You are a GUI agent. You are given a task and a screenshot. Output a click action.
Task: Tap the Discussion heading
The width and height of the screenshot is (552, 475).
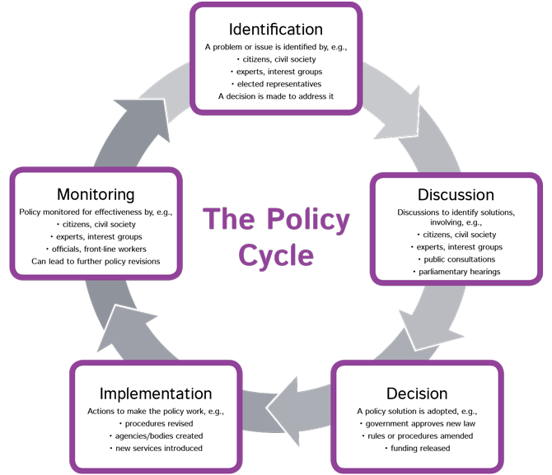(456, 195)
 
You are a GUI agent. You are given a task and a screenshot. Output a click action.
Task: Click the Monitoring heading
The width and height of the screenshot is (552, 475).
(95, 194)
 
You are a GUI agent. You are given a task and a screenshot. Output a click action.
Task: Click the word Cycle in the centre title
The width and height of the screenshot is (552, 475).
(276, 254)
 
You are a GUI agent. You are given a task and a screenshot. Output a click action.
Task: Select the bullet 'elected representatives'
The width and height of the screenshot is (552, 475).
(277, 84)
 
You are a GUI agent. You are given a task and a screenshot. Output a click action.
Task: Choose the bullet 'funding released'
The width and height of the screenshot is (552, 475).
(418, 448)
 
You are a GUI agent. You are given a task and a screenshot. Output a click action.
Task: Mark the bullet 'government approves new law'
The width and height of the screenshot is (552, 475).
(418, 423)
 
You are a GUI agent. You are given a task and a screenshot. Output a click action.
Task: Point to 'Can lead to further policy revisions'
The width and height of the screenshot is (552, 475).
(96, 261)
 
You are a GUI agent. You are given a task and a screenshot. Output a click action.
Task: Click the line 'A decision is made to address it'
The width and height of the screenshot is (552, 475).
(275, 96)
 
